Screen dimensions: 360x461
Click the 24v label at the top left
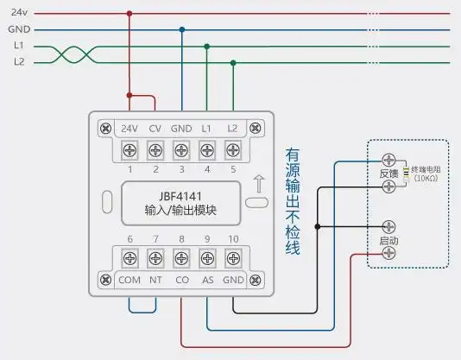point(18,13)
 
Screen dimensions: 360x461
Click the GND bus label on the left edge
point(19,28)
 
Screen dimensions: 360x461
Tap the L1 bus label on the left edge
point(19,46)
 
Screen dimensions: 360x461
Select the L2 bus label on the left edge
point(19,62)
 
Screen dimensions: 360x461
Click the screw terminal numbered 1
point(130,151)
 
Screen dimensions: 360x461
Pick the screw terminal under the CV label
point(155,151)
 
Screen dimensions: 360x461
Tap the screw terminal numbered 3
point(181,151)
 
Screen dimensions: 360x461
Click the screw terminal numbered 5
point(232,151)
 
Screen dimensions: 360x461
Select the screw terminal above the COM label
point(130,257)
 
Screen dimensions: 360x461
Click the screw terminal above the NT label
point(155,257)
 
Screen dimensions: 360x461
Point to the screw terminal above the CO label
point(181,257)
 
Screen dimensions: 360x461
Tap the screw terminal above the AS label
point(207,257)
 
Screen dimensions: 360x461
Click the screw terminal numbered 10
point(232,257)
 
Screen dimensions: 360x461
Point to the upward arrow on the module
point(257,183)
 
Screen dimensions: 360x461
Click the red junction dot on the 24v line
point(129,14)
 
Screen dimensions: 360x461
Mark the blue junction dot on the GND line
point(181,29)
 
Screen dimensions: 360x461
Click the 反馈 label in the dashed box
point(388,174)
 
